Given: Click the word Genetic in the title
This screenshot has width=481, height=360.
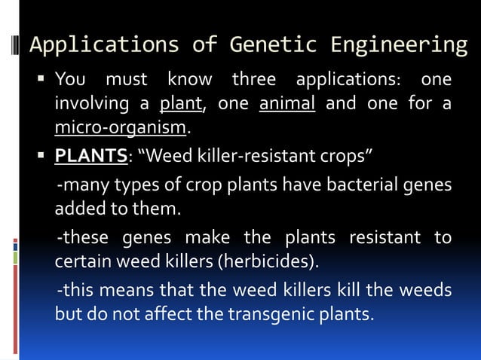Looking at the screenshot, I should tap(278, 45).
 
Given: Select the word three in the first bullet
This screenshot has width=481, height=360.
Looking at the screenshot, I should tap(253, 80).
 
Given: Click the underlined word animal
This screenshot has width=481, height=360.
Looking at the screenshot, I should tap(287, 103).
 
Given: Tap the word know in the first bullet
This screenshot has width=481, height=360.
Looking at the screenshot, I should tap(189, 80).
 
